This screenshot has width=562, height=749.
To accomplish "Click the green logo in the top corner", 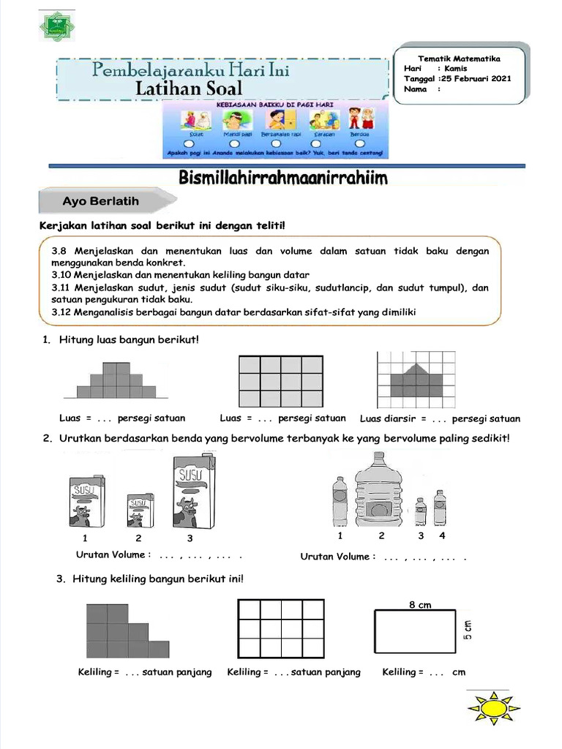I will (x=56, y=26).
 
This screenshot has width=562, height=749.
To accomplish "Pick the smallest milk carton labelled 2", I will (x=140, y=510).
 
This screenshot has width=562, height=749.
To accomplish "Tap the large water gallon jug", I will (x=378, y=489).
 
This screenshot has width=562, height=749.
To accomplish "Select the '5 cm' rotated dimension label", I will (x=468, y=630).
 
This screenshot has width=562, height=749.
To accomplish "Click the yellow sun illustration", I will (x=493, y=709).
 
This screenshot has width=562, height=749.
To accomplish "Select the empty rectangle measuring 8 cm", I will (x=416, y=631).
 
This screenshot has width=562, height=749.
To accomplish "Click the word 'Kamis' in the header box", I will (x=456, y=69).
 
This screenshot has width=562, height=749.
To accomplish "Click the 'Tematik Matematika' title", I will (x=459, y=59).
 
